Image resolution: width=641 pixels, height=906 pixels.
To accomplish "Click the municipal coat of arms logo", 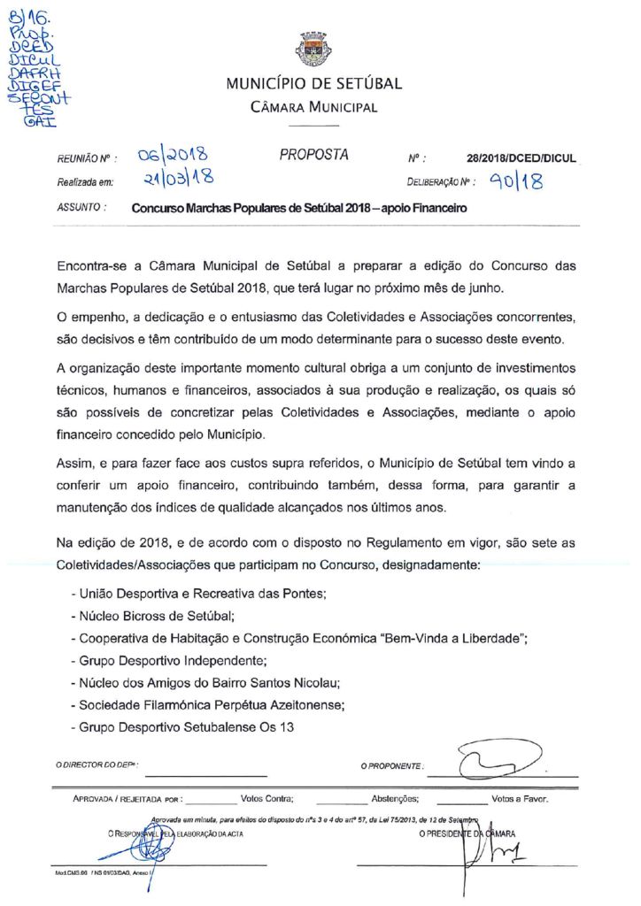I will (x=313, y=50).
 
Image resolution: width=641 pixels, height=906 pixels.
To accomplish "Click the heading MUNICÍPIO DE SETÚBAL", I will (x=313, y=85).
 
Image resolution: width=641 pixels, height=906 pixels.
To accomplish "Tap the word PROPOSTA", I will (x=314, y=155).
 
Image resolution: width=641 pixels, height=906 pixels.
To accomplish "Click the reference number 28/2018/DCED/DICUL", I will (x=521, y=159).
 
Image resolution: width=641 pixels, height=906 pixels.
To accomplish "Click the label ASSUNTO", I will (x=81, y=209).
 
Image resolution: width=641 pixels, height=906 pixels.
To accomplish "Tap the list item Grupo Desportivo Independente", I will (x=168, y=660).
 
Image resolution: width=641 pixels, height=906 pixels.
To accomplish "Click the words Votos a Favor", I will (x=520, y=798).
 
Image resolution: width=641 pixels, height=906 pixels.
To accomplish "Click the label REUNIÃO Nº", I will (x=83, y=160).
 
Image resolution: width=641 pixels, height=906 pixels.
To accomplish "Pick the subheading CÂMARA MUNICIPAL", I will (x=313, y=108).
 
